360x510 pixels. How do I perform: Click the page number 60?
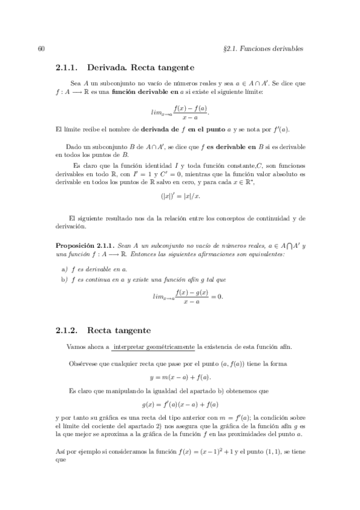tap(41, 48)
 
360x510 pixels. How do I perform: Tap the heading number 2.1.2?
tap(67, 330)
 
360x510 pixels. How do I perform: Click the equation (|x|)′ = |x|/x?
tap(180, 196)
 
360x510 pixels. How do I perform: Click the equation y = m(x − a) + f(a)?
tap(180, 377)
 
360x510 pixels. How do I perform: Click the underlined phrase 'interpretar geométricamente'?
tap(154, 348)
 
